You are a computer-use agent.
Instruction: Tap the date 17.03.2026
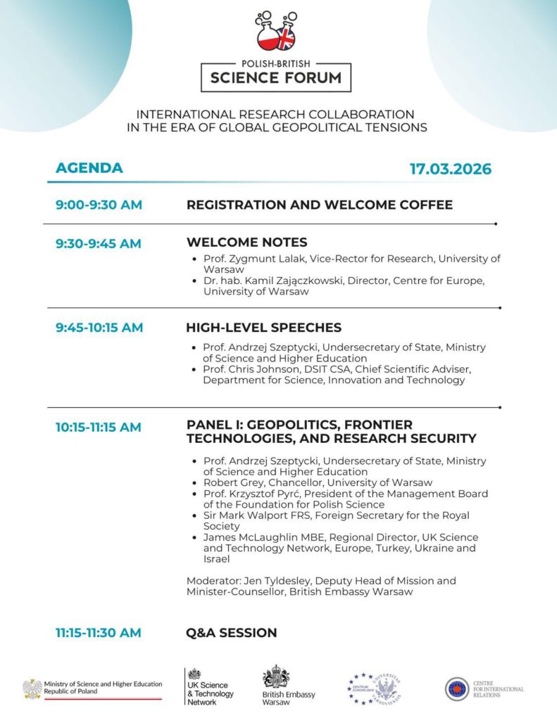pyautogui.click(x=451, y=169)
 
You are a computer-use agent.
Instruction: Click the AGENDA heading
pyautogui.click(x=89, y=168)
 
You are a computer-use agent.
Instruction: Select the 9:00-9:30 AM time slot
pyautogui.click(x=99, y=205)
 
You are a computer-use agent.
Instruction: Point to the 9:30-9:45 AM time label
pyautogui.click(x=99, y=243)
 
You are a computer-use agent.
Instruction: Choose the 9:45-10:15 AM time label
pyautogui.click(x=99, y=328)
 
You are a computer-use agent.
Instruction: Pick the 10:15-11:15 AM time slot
pyautogui.click(x=99, y=427)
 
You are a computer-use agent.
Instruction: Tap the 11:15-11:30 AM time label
pyautogui.click(x=99, y=633)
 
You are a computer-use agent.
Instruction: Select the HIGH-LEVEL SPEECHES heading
pyautogui.click(x=263, y=328)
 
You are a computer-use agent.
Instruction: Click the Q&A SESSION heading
pyautogui.click(x=232, y=633)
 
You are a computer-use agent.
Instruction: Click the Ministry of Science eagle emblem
pyautogui.click(x=32, y=688)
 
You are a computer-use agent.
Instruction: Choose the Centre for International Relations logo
pyautogui.click(x=458, y=689)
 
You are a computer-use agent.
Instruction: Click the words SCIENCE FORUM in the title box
pyautogui.click(x=275, y=77)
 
